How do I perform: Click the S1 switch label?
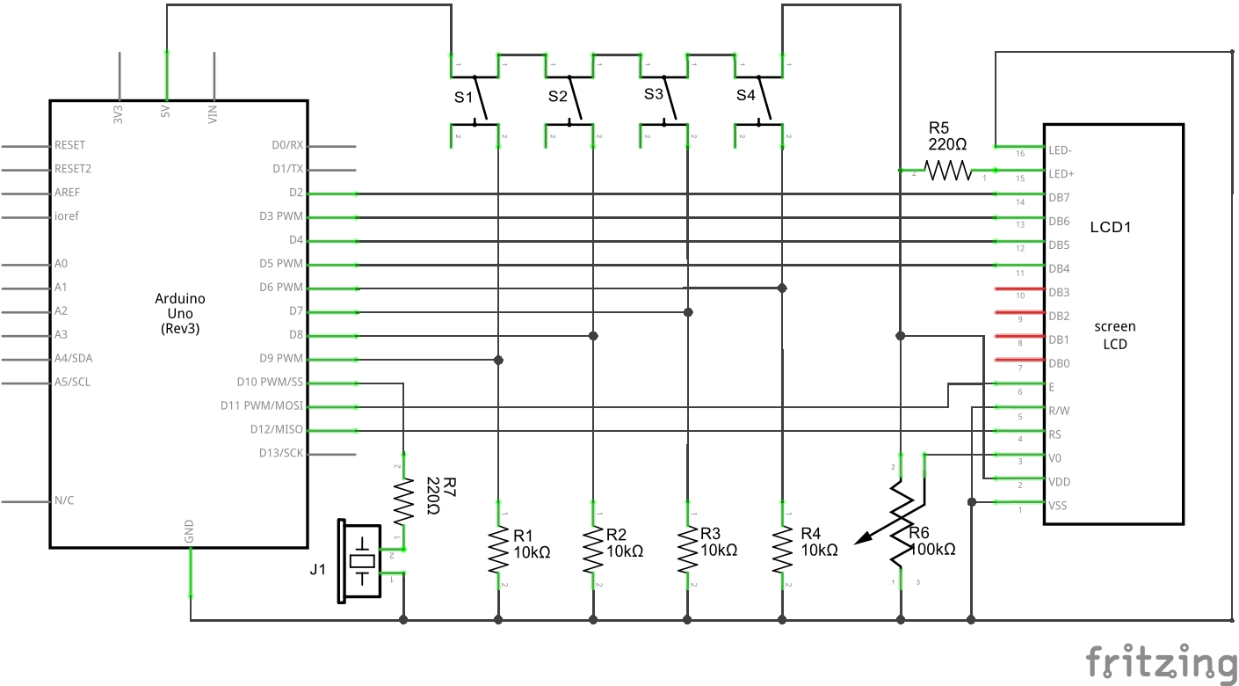[463, 97]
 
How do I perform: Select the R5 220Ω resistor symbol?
[947, 170]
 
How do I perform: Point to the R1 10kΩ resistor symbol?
[498, 550]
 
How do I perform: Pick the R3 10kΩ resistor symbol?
[688, 550]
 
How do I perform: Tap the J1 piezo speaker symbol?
[360, 561]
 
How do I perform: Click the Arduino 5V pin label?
[165, 113]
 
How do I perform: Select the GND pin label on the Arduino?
[189, 531]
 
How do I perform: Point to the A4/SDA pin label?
[72, 358]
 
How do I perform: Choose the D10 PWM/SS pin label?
[270, 382]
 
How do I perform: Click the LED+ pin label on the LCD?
[1061, 174]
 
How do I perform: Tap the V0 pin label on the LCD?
[1055, 458]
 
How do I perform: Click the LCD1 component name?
[1110, 227]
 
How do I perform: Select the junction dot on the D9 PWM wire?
[498, 360]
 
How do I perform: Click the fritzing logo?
[1160, 662]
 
